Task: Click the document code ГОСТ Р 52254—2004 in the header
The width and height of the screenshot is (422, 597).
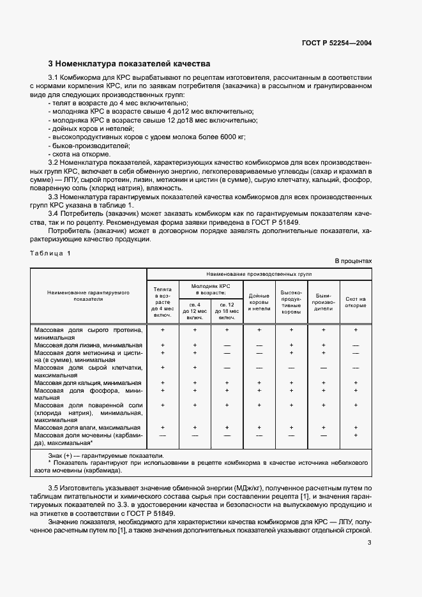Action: click(x=336, y=43)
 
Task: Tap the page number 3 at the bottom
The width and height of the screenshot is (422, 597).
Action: click(x=370, y=543)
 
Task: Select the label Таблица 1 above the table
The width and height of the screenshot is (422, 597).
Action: click(x=50, y=253)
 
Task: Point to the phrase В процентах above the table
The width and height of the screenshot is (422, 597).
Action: click(x=353, y=261)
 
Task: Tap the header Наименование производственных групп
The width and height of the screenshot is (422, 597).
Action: click(x=259, y=273)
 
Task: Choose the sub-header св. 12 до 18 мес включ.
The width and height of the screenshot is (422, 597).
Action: click(x=227, y=310)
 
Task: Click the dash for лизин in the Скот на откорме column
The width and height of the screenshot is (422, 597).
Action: click(x=356, y=345)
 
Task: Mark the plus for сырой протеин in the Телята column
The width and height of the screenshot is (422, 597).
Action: click(x=163, y=330)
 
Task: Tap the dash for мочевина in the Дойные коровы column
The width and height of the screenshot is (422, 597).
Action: click(x=259, y=435)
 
